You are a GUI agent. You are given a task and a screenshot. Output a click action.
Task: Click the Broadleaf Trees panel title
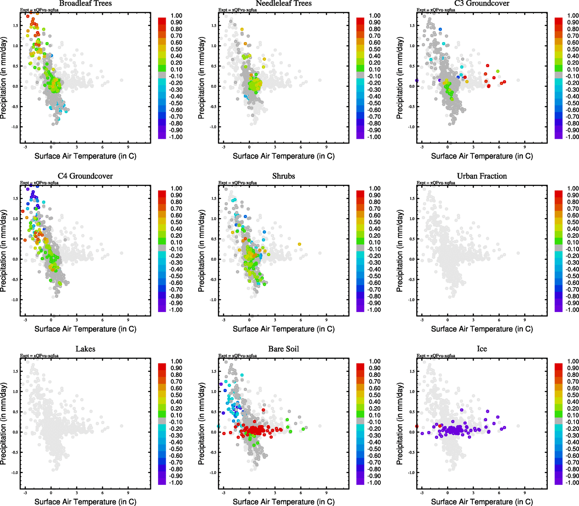(x=85, y=3)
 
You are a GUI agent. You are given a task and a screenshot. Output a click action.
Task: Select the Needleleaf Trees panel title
(x=283, y=3)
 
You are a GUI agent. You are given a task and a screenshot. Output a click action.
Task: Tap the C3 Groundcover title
(x=482, y=3)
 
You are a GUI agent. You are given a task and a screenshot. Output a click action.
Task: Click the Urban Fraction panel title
(x=482, y=176)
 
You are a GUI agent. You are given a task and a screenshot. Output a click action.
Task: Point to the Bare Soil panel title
(x=283, y=349)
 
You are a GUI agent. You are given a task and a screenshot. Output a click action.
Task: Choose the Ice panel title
(x=482, y=349)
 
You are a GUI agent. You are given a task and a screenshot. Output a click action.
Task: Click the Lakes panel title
(x=85, y=349)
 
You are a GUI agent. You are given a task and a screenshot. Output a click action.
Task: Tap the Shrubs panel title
(x=283, y=176)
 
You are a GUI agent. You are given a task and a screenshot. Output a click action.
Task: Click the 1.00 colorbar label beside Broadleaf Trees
(x=176, y=16)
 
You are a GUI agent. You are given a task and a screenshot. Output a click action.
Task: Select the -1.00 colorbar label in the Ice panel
(x=572, y=483)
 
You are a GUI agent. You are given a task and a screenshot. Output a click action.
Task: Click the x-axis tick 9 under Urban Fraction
(x=525, y=320)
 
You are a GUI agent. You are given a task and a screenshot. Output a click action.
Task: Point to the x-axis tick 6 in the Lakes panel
(x=102, y=493)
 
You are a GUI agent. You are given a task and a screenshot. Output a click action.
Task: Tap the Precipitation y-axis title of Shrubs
(x=201, y=251)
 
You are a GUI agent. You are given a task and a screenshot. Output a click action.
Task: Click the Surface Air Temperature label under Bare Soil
(x=283, y=502)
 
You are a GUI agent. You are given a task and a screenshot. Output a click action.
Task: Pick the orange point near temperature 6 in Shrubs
(x=299, y=244)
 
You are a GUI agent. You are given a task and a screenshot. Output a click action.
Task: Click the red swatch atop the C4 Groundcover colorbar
(x=162, y=194)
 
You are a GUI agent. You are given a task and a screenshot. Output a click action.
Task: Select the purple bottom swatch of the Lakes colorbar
(x=162, y=481)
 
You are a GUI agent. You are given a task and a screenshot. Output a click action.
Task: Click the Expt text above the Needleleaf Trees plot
(x=237, y=10)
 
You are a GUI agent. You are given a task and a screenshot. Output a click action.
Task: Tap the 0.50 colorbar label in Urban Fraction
(x=573, y=222)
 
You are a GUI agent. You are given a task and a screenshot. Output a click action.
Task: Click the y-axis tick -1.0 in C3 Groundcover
(x=411, y=127)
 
